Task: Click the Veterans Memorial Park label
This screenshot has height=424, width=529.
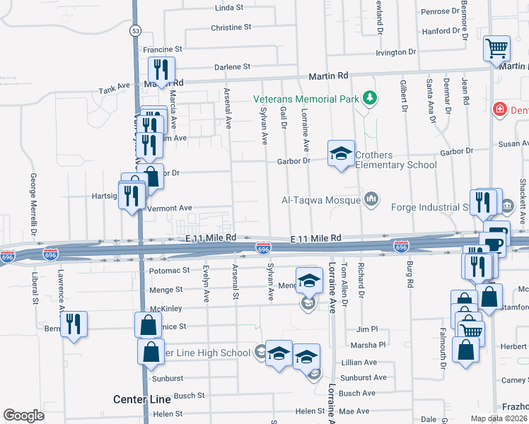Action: (306, 99)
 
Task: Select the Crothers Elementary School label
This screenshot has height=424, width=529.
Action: (395, 160)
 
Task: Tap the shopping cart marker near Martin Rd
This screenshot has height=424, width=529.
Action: (496, 49)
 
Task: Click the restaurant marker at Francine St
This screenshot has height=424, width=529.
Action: (161, 70)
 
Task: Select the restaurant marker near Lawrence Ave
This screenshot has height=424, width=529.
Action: (74, 324)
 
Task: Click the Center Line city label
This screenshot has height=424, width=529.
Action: (141, 400)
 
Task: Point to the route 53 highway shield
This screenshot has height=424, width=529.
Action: (136, 31)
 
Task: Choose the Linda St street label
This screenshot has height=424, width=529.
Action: (228, 8)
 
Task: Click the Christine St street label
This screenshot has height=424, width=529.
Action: (231, 28)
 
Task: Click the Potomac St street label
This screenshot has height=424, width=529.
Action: (170, 270)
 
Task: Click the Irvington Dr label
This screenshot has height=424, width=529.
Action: (395, 52)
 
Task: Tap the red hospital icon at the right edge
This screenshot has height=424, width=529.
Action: (500, 110)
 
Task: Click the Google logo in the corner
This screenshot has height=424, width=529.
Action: (24, 416)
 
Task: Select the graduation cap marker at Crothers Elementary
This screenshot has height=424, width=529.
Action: (340, 153)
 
